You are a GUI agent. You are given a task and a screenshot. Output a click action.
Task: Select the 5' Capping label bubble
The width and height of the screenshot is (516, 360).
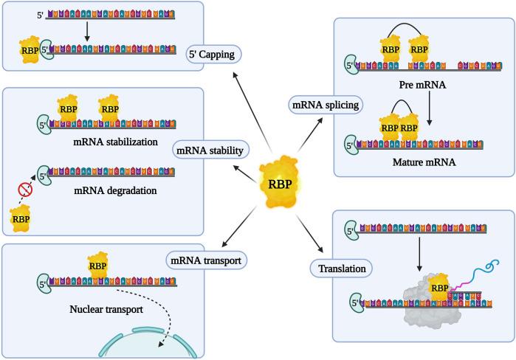[214, 56]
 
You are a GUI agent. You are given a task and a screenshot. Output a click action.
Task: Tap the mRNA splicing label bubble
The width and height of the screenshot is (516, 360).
[325, 105]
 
